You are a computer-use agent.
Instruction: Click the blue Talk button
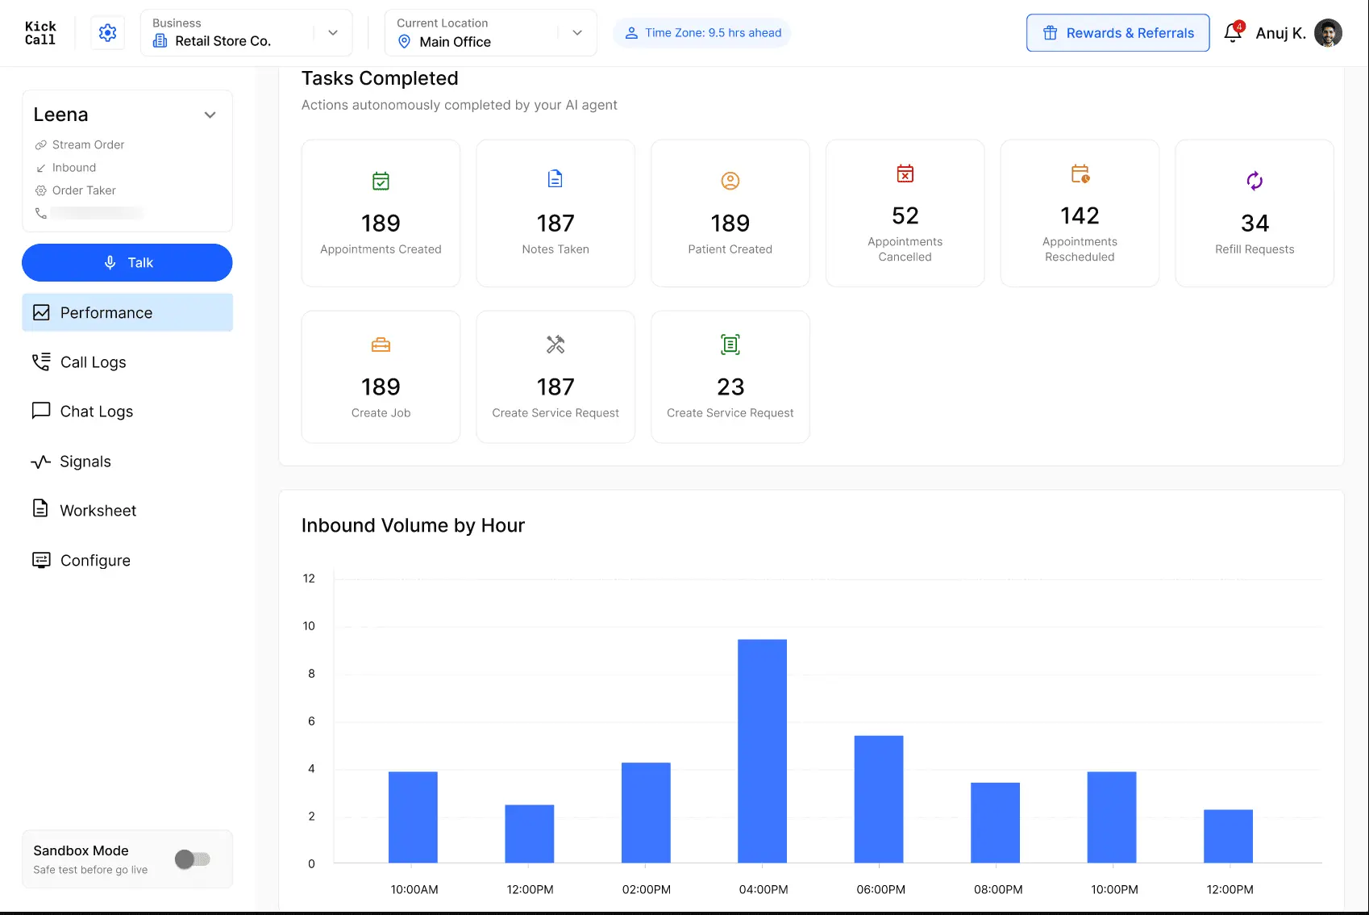click(127, 262)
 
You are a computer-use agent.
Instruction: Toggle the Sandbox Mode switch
click(192, 859)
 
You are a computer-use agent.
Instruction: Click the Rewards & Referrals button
click(1117, 33)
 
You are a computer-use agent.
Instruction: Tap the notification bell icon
click(1233, 32)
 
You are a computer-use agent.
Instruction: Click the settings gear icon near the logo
click(107, 32)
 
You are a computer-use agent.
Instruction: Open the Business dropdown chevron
click(332, 33)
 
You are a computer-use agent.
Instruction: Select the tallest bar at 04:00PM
click(762, 751)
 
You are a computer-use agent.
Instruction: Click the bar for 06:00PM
click(879, 799)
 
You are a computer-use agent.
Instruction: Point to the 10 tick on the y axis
click(310, 625)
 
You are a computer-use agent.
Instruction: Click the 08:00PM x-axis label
click(998, 889)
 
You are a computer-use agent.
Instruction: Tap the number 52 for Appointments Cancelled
click(905, 216)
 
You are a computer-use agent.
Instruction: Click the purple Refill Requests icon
click(1255, 181)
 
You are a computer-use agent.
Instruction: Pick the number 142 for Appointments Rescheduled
click(1080, 216)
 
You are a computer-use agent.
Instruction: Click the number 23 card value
click(730, 387)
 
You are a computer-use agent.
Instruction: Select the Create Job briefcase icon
click(381, 345)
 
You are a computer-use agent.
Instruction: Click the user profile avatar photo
click(1328, 32)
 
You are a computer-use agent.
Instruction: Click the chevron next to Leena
click(210, 115)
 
